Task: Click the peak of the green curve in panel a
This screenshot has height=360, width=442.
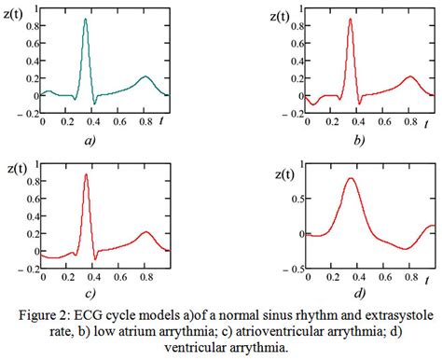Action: pyautogui.click(x=86, y=20)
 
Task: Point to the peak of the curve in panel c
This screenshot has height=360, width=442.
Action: pyautogui.click(x=86, y=176)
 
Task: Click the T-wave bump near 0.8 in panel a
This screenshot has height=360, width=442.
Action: pyautogui.click(x=146, y=77)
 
